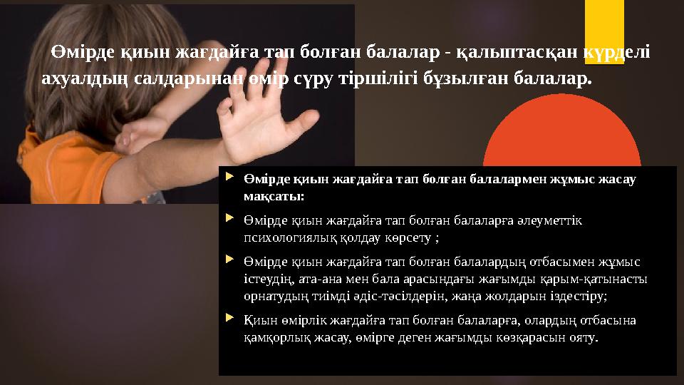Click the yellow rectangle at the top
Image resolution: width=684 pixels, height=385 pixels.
pyautogui.click(x=604, y=21)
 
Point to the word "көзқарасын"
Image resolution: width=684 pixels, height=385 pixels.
pyautogui.click(x=519, y=337)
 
